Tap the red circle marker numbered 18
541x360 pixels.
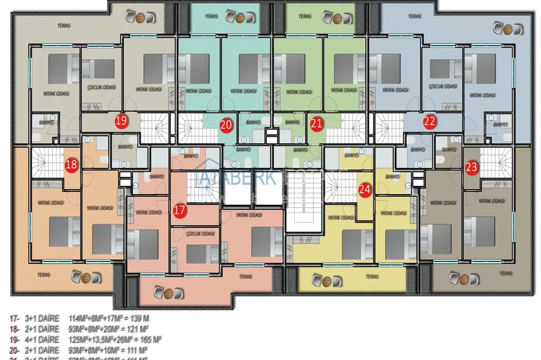(x=71, y=165)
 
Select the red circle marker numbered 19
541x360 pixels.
(x=121, y=120)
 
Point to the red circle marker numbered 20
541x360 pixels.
(x=225, y=125)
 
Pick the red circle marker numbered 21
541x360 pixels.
(x=316, y=124)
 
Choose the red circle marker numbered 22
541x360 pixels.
(x=430, y=120)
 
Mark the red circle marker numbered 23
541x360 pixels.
(x=472, y=167)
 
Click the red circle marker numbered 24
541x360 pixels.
(x=365, y=189)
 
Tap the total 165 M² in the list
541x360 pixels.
(x=150, y=340)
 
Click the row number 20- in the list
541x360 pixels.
(x=14, y=350)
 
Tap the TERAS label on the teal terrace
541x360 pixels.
(x=211, y=16)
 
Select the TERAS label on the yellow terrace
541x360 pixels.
(x=372, y=277)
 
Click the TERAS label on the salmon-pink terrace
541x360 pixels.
(x=246, y=277)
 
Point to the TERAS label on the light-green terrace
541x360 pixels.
(x=306, y=16)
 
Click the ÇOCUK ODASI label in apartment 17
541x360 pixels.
(x=200, y=233)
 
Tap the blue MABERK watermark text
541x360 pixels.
(x=239, y=177)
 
